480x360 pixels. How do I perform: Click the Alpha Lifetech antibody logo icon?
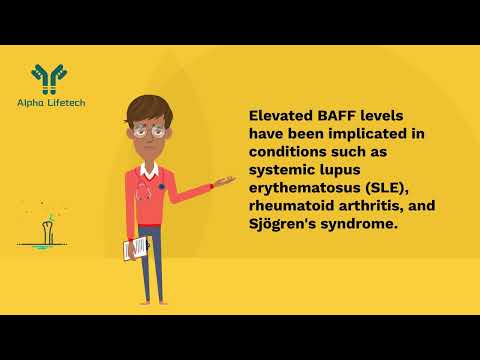46,75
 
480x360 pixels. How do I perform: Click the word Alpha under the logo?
30,100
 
